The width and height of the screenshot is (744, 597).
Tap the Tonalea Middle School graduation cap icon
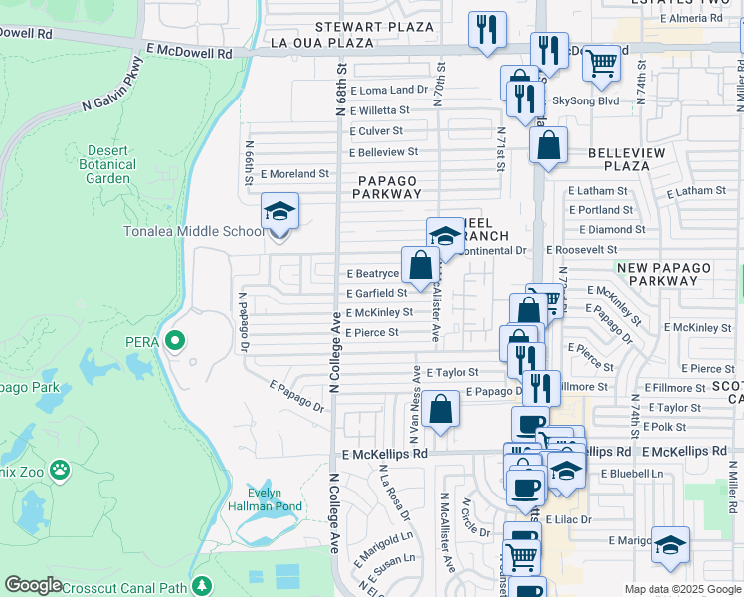[279, 211]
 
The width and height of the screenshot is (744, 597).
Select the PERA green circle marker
[175, 342]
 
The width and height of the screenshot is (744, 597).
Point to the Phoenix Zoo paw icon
[60, 466]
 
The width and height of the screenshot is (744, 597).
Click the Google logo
[33, 585]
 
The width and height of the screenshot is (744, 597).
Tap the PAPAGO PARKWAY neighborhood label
[387, 187]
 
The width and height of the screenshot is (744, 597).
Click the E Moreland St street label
[294, 173]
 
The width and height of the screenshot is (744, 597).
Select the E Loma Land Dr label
[388, 90]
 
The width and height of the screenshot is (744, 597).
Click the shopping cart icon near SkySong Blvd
[601, 64]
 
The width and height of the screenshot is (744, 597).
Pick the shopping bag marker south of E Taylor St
[439, 408]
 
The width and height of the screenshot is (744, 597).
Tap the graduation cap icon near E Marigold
[671, 545]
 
